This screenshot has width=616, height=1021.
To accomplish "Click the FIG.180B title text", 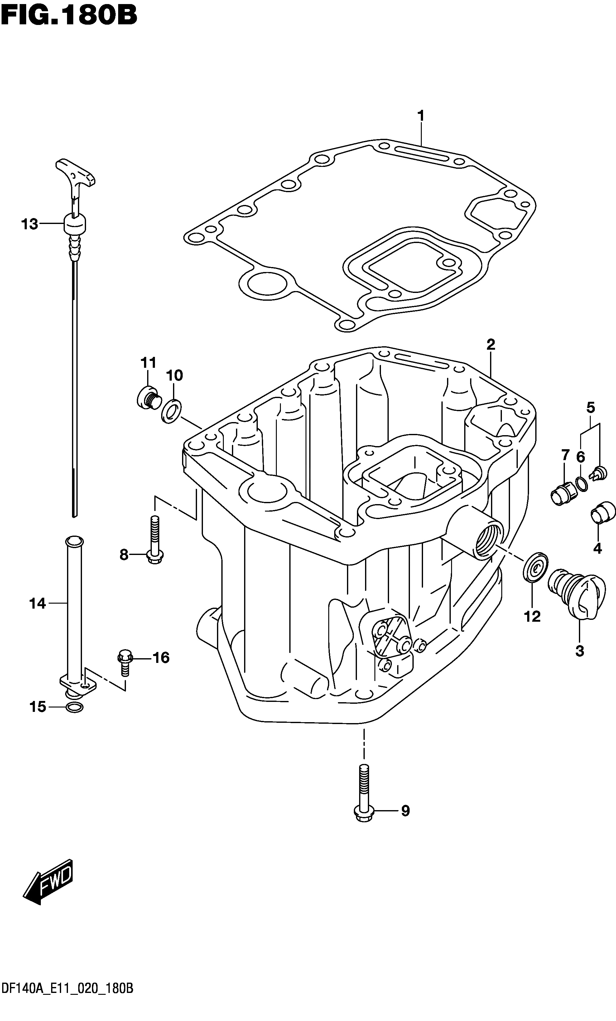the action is [69, 16].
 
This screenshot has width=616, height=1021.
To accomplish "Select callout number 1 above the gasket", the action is [421, 116].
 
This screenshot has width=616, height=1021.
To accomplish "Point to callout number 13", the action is [30, 224].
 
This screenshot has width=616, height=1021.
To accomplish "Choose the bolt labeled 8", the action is [154, 540].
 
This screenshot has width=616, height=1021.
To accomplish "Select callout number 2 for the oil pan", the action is [491, 344].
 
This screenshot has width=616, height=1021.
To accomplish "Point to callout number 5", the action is [591, 408].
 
